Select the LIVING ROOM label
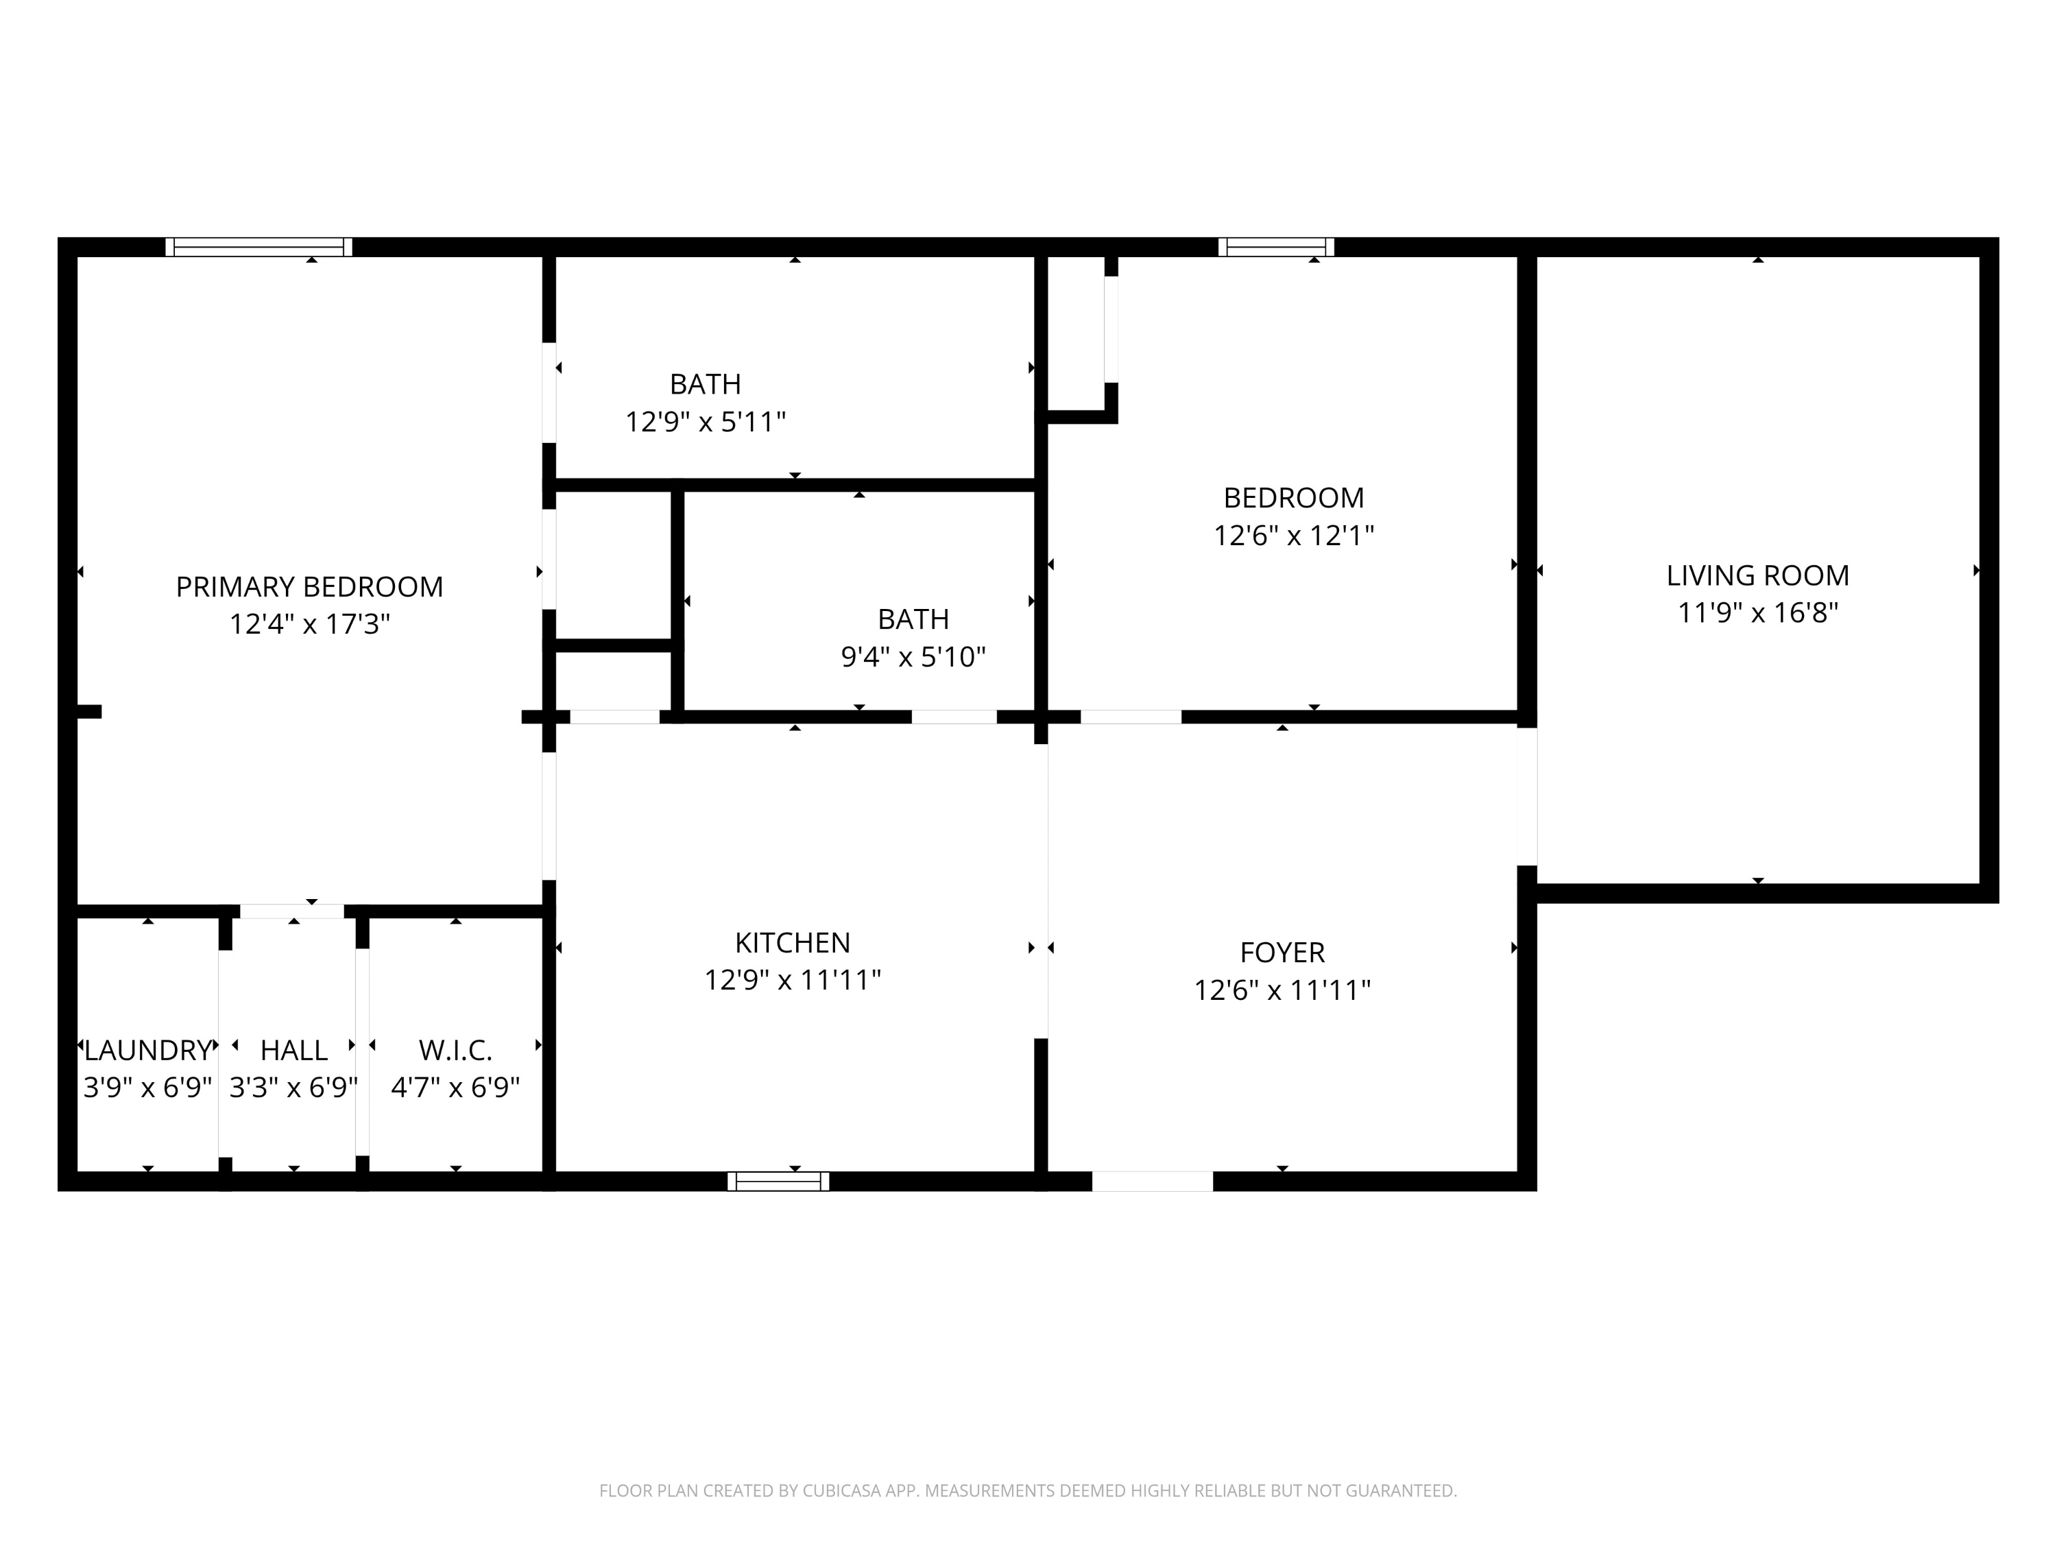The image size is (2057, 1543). (1757, 576)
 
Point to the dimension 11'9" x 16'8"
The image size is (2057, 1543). (1757, 613)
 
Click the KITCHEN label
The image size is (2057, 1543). (793, 943)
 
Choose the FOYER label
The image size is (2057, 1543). (1282, 953)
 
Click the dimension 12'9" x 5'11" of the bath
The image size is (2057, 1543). (705, 422)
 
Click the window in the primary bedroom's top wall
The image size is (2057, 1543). (258, 246)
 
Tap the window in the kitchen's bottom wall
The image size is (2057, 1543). (778, 1181)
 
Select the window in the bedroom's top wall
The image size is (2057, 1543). (1276, 246)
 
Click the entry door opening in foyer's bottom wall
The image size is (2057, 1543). (1152, 1181)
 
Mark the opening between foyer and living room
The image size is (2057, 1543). (1527, 796)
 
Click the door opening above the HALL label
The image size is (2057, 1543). (292, 911)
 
